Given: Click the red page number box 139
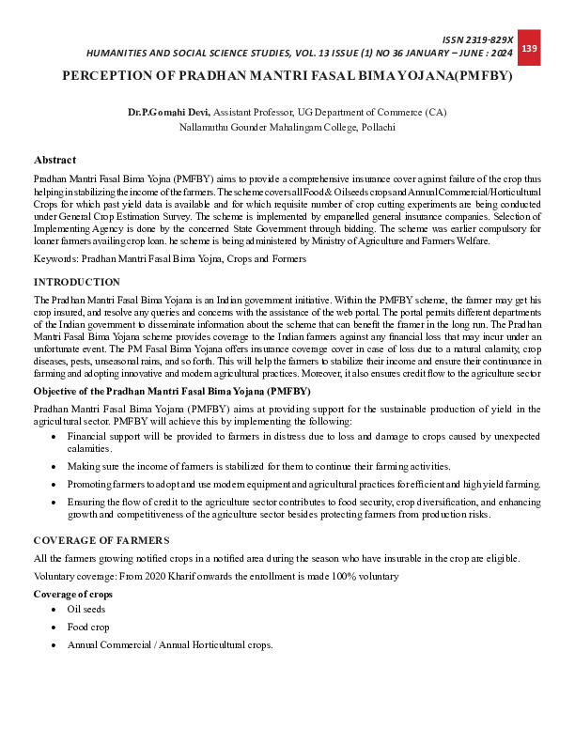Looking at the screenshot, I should tap(529, 48).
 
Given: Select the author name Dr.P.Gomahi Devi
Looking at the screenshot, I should tap(169, 112).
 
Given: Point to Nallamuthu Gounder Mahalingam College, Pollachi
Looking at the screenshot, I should tap(287, 126).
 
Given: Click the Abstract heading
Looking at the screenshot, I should tap(54, 161).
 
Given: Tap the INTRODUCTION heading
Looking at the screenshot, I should tap(77, 282).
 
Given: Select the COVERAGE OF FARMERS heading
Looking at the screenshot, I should tap(101, 539).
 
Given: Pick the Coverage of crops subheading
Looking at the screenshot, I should tap(73, 595).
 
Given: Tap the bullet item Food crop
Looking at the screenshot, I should tap(89, 627).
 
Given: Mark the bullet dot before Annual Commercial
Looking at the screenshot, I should tap(54, 645).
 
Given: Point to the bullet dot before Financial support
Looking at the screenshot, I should tap(54, 438).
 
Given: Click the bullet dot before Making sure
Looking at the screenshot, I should tap(54, 467).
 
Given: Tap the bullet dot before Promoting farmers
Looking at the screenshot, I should tap(54, 484).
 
